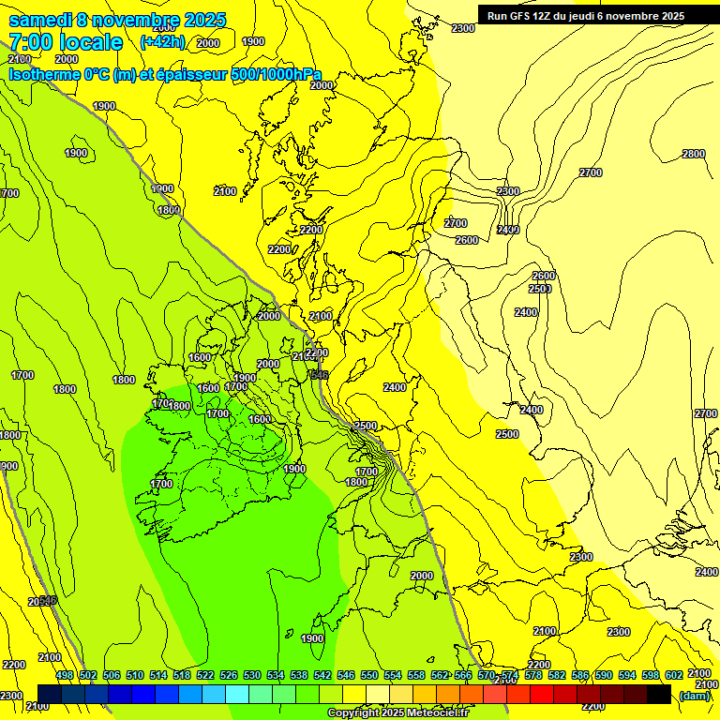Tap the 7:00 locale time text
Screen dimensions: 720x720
click(x=65, y=42)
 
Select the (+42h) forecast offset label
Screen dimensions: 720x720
click(x=162, y=42)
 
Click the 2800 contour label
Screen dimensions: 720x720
click(x=694, y=154)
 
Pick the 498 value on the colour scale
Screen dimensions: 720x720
click(x=65, y=675)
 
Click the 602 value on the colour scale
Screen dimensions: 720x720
click(x=674, y=675)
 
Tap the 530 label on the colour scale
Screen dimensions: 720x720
click(x=252, y=675)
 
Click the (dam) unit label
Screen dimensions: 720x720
click(x=694, y=695)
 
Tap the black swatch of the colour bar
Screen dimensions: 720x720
click(x=659, y=694)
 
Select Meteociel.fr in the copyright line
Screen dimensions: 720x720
click(x=440, y=713)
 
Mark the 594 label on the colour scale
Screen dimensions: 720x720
click(x=627, y=675)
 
